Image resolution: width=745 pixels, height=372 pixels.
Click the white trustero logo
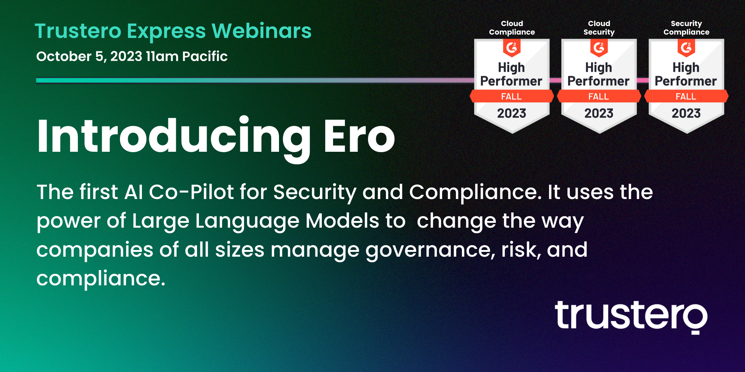click(631, 317)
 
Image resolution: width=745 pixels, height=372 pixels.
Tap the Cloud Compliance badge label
click(512, 28)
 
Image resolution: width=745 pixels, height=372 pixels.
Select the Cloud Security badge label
click(599, 28)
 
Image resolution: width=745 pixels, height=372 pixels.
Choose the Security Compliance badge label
click(687, 28)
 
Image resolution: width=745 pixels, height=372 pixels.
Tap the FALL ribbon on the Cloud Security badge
click(599, 96)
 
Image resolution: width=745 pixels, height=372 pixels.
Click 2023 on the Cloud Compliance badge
click(512, 113)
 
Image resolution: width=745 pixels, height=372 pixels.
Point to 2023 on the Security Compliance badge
click(686, 113)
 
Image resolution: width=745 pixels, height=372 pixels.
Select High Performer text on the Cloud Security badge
click(599, 74)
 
